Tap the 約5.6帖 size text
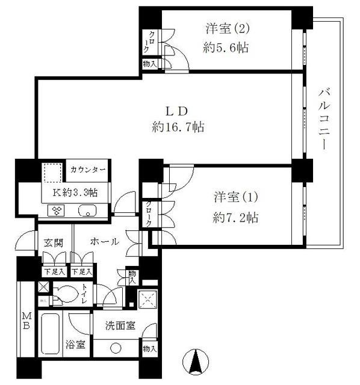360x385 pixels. click(226, 48)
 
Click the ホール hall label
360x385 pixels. click(104, 242)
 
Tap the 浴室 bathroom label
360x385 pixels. click(75, 345)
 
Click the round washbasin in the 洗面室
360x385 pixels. click(116, 348)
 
